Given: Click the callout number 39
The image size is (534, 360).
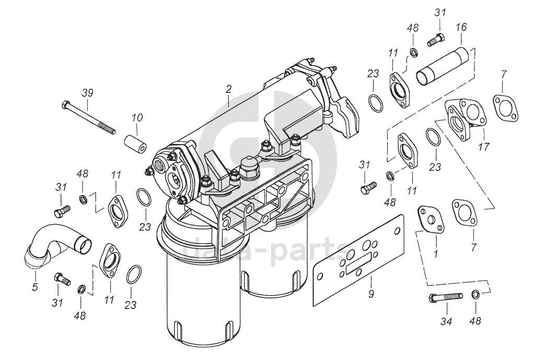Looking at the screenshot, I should (87, 92).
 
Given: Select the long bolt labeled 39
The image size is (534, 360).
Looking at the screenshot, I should (89, 118).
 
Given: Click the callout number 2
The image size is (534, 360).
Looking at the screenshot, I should (228, 89).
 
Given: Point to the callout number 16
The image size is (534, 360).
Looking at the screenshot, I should (461, 27).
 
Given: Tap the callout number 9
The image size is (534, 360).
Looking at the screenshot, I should (371, 294).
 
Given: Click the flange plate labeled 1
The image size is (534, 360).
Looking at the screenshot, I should (431, 219).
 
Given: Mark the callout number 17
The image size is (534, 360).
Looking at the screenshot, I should (484, 147).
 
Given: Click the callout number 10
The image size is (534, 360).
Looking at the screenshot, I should (136, 119).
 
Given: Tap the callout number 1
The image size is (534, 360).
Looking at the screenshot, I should (436, 254).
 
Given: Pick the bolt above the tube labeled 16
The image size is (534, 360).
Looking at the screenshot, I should (435, 39).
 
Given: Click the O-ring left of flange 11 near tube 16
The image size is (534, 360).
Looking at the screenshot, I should (375, 103).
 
